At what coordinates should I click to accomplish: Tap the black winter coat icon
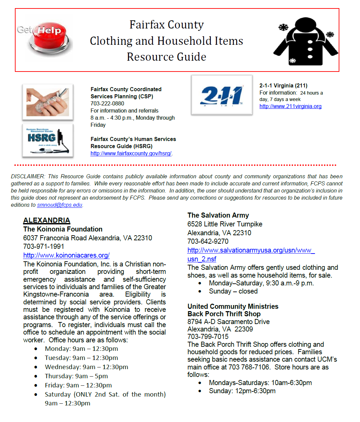coord(306,41)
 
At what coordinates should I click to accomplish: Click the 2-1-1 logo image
coord(222,95)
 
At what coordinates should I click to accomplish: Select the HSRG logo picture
coord(48,140)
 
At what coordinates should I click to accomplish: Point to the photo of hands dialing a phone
coord(48,102)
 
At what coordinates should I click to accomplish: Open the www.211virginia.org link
coord(290,106)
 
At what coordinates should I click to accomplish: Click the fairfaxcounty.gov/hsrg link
coord(131,154)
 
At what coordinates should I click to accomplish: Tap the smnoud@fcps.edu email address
coord(60,205)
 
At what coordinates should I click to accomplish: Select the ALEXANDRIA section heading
coord(47,220)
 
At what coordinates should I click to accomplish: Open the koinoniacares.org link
coord(66,255)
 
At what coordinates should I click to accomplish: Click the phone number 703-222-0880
coord(107,104)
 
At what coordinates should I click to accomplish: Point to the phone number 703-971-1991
coord(44,246)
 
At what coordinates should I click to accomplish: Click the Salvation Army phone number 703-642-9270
coord(208,241)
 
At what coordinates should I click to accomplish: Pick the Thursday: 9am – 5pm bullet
coord(76,376)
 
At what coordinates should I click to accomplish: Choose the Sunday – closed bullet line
coord(233,292)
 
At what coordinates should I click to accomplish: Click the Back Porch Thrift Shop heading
coord(224,314)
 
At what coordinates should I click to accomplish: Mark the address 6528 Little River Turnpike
coord(225,224)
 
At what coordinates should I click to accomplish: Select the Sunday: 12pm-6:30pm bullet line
coord(242,391)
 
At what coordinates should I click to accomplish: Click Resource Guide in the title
coord(166,57)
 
